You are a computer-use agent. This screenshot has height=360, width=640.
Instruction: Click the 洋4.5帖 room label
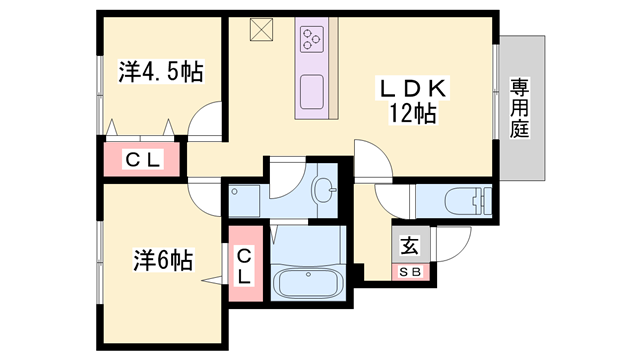point(161,72)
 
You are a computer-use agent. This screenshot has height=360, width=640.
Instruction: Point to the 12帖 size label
point(412,113)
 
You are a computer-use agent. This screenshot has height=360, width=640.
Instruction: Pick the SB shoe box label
point(410,270)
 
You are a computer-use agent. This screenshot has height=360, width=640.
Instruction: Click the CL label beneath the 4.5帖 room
point(140,158)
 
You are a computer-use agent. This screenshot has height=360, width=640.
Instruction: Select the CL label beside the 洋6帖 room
point(244,266)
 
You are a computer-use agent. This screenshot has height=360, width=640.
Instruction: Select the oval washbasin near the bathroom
point(324,190)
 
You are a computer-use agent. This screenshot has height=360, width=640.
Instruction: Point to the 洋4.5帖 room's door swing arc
point(206,121)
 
